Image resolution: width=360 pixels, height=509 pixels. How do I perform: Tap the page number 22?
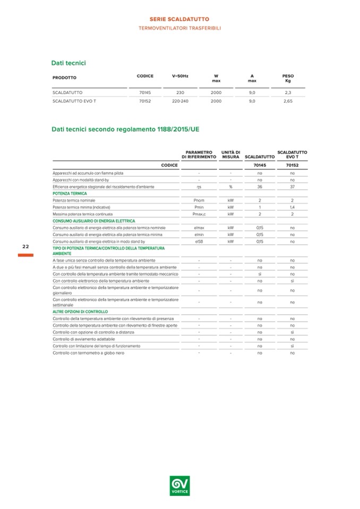click(25, 247)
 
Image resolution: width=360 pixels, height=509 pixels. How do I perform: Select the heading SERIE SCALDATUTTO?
click(179, 19)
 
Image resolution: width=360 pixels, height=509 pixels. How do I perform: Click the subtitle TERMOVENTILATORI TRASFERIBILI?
click(179, 27)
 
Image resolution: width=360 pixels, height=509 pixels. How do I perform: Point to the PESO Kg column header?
click(288, 79)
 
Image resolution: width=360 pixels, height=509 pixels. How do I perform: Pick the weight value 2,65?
click(288, 101)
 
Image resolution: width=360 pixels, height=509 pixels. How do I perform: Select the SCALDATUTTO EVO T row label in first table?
click(74, 101)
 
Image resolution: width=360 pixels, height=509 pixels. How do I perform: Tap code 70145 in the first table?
click(145, 92)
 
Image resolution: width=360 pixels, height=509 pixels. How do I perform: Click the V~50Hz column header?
click(179, 76)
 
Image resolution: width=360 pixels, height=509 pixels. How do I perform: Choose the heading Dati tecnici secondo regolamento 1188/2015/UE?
click(125, 128)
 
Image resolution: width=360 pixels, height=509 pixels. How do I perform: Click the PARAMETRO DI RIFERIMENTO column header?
click(199, 154)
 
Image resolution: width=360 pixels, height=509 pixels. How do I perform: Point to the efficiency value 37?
click(292, 187)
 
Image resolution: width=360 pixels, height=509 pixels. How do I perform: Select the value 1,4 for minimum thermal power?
click(292, 207)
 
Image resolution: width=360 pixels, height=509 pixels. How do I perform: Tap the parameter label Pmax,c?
click(199, 214)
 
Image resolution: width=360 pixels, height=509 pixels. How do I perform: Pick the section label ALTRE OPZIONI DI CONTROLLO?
click(80, 312)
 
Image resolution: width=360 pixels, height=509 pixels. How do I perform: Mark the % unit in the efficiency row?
click(231, 187)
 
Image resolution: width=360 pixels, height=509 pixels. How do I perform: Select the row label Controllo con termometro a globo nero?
click(88, 352)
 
